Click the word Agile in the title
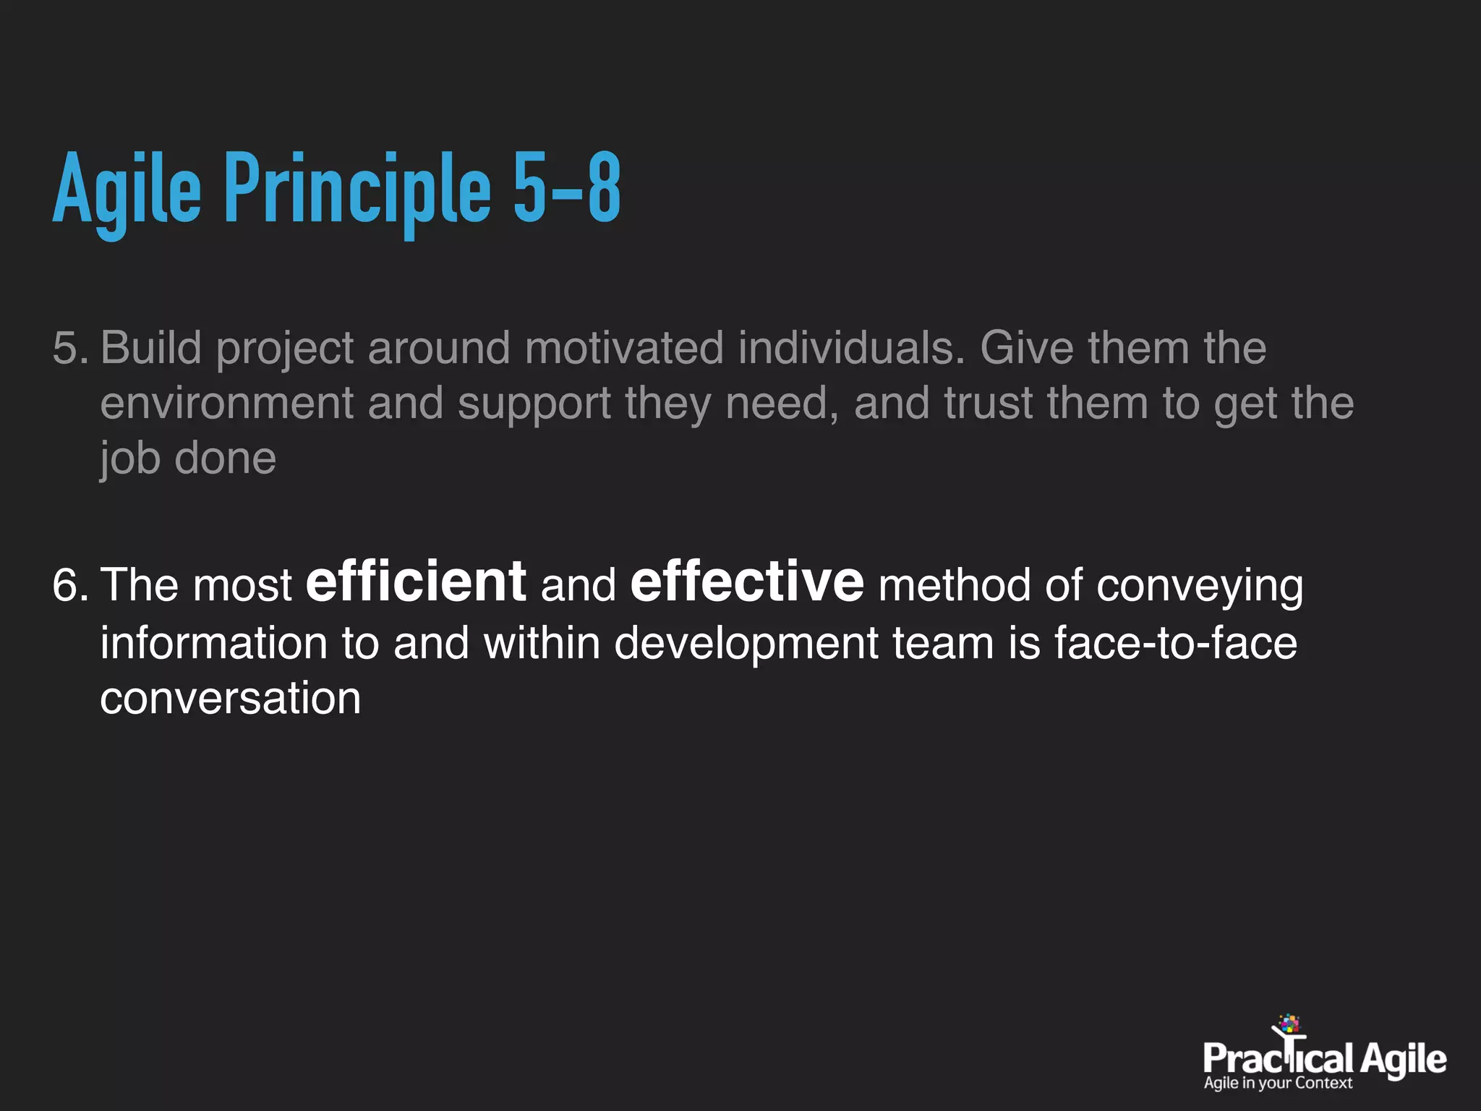(x=127, y=190)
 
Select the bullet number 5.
(x=69, y=349)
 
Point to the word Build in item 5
(x=151, y=348)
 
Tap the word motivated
(x=623, y=348)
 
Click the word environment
(x=227, y=404)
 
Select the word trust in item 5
(x=988, y=403)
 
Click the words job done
(x=188, y=459)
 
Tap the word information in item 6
(x=214, y=642)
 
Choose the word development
(x=746, y=644)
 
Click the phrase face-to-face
(x=1175, y=642)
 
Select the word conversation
(x=230, y=699)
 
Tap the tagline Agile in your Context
(x=1277, y=1084)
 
